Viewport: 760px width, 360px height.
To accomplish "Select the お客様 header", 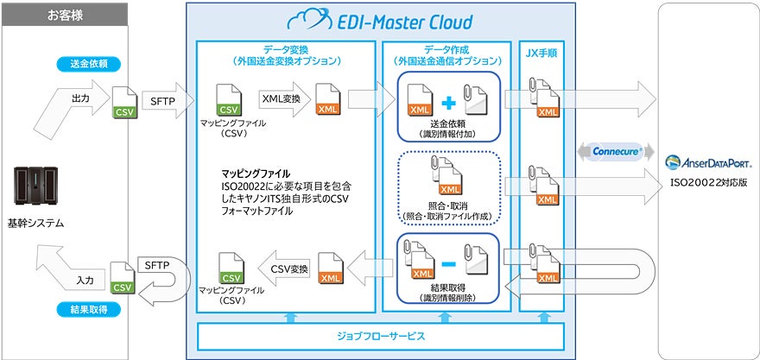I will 66,16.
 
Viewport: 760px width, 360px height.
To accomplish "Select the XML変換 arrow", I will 282,99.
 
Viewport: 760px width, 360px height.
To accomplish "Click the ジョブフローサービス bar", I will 380,334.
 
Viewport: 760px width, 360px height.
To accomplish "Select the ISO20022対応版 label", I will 710,183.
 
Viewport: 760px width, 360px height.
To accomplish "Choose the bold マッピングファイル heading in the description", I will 256,173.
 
